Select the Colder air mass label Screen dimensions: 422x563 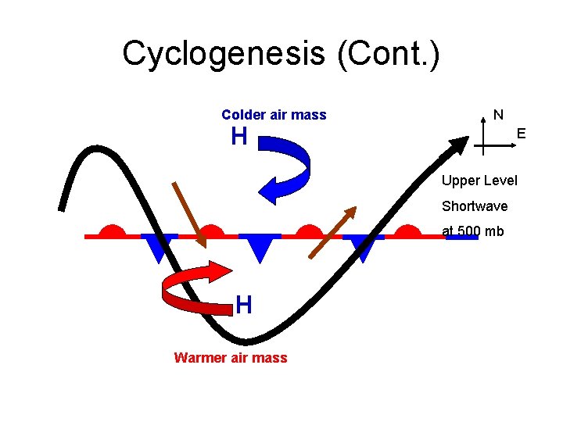[x=274, y=115]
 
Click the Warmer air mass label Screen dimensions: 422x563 [x=231, y=358]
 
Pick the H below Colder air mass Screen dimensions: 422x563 [x=239, y=138]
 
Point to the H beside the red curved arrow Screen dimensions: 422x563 [x=244, y=305]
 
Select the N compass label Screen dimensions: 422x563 [x=498, y=115]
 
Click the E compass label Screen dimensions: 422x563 [x=521, y=134]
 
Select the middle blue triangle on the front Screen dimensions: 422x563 [x=260, y=247]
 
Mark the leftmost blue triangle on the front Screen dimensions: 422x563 [x=160, y=247]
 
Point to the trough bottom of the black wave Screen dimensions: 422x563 [x=246, y=341]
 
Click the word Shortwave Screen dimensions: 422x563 [x=475, y=206]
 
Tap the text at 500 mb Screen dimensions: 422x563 [x=473, y=231]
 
